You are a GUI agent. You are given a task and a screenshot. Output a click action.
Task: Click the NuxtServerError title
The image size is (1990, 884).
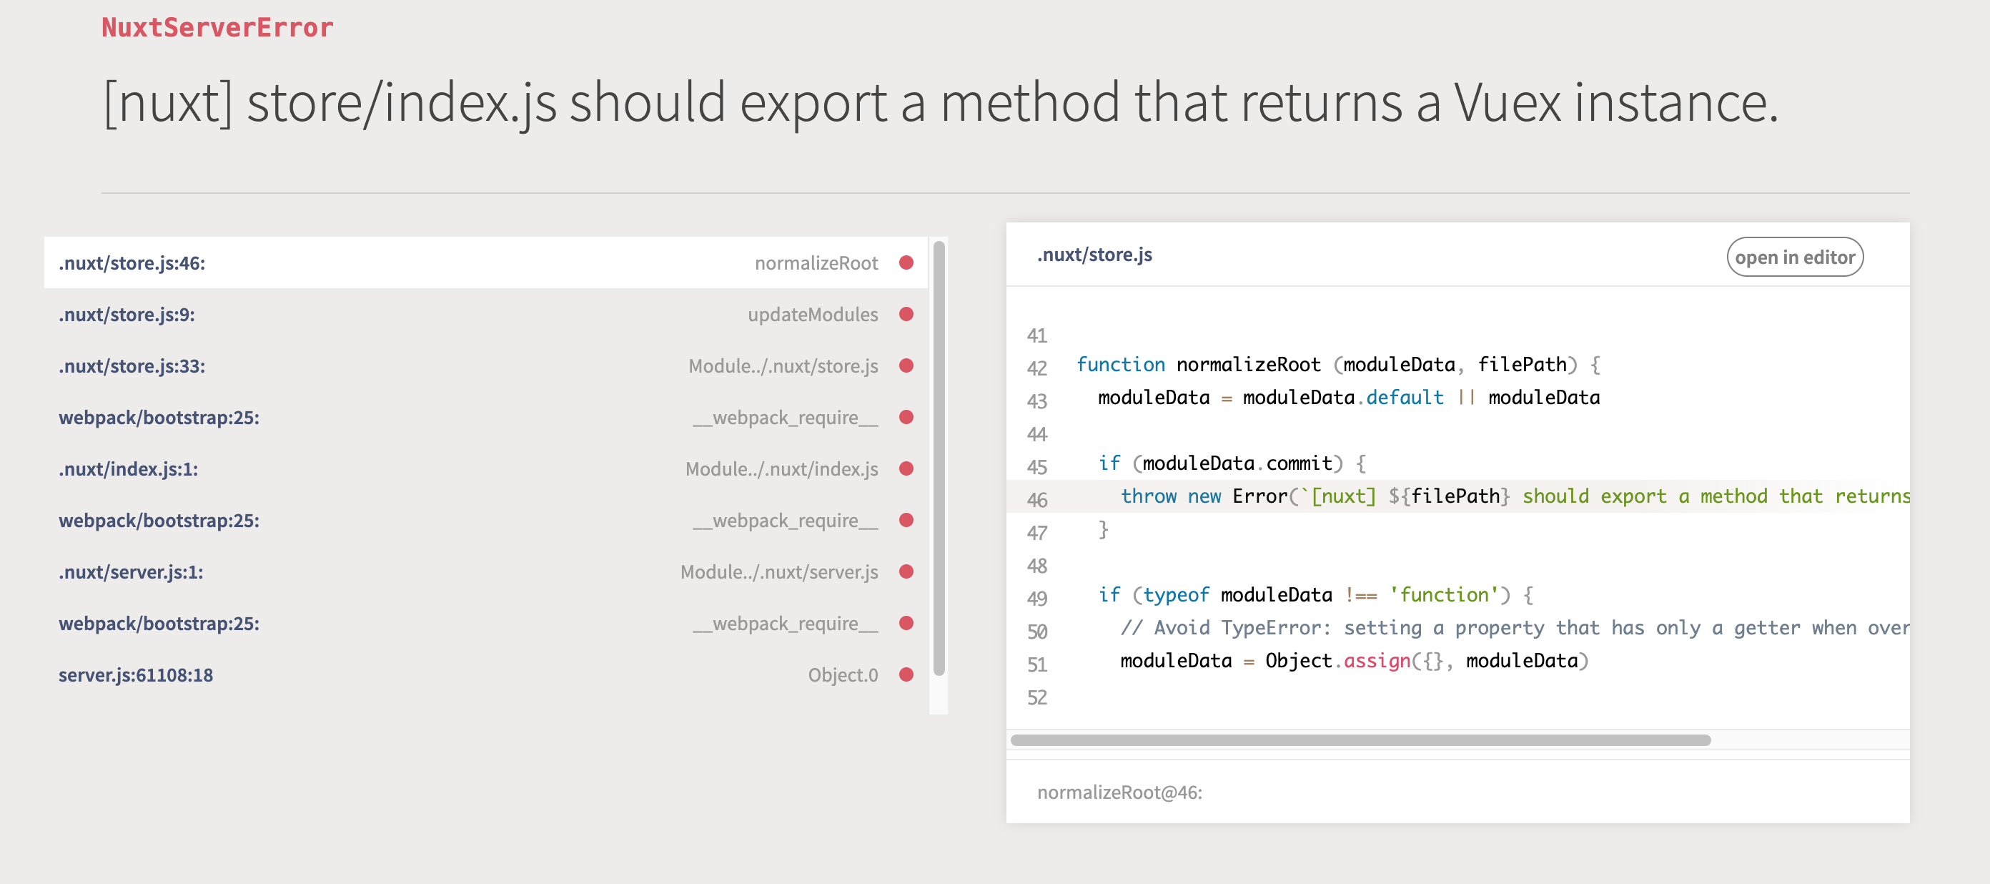[217, 28]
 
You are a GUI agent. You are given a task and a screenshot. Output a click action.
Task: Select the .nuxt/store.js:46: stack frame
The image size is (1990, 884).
[132, 263]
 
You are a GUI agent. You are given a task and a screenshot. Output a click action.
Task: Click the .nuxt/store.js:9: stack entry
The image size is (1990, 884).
[127, 315]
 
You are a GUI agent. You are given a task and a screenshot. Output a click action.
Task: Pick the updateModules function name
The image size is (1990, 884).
[812, 315]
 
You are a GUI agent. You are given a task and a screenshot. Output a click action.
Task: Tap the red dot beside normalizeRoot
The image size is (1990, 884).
[906, 262]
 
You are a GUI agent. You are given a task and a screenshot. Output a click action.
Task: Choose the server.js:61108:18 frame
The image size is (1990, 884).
[135, 675]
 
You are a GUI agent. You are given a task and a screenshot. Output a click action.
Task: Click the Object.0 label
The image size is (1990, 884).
[842, 675]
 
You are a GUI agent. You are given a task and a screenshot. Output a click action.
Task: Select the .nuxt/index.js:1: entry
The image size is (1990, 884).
[128, 470]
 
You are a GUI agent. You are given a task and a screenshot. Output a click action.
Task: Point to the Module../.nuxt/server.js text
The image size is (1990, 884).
[778, 573]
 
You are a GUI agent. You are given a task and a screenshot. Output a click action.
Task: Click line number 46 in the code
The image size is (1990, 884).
[1036, 500]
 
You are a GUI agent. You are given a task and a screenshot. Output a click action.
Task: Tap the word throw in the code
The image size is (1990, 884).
[1148, 496]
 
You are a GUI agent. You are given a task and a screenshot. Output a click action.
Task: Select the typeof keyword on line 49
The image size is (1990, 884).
[1176, 595]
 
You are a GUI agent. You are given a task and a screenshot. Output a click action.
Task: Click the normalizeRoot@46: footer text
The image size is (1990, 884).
[1119, 793]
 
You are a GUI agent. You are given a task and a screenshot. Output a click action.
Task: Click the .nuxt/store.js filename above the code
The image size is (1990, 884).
[1094, 255]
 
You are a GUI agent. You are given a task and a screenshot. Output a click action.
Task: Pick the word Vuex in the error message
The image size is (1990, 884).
[1506, 103]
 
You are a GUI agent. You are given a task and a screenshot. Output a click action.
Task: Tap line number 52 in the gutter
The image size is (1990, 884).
[1036, 698]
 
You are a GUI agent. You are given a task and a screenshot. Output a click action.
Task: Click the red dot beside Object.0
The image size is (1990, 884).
[906, 674]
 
